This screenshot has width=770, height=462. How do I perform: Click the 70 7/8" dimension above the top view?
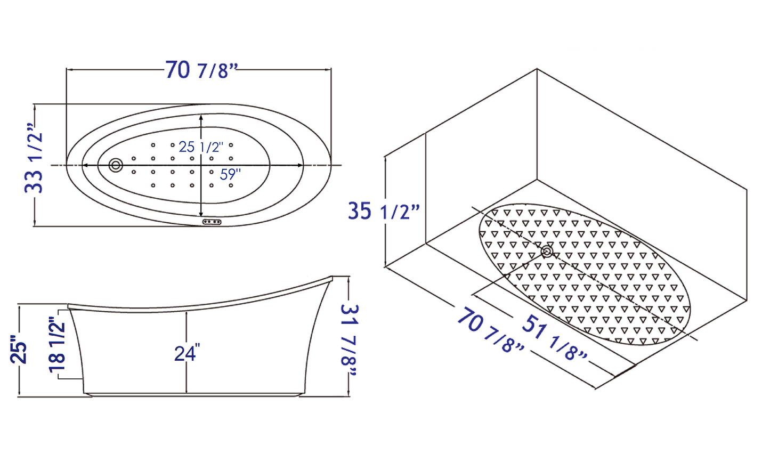[x=202, y=70]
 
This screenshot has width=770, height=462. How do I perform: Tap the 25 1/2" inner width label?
[x=201, y=147]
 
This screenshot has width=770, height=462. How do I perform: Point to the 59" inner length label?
[x=230, y=175]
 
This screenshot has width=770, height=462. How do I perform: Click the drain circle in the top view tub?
[x=116, y=165]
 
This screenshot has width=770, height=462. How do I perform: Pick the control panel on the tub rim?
[x=212, y=222]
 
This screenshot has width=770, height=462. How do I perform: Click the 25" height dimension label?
[x=19, y=348]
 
